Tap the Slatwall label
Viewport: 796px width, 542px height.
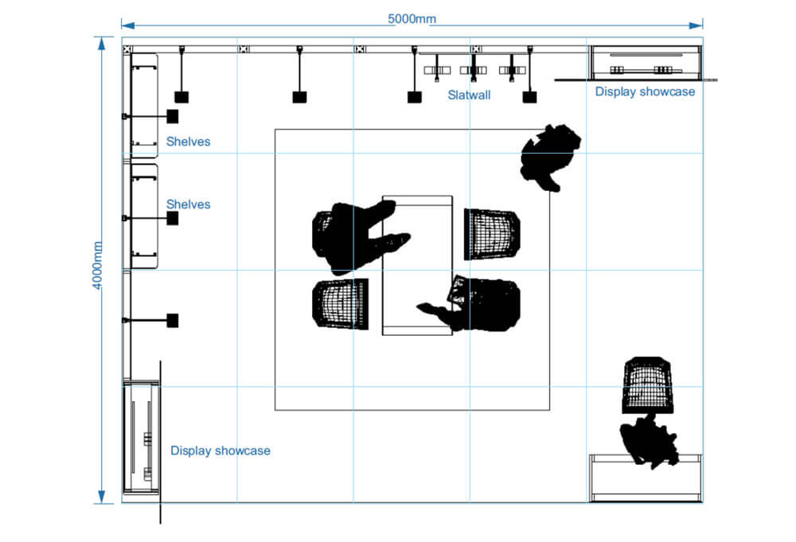click(469, 96)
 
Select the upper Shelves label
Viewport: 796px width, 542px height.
click(188, 142)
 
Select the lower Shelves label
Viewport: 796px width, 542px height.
click(188, 205)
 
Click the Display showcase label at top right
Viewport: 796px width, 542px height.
click(645, 92)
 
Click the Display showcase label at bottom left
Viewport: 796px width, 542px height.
click(220, 450)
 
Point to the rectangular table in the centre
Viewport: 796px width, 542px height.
click(417, 265)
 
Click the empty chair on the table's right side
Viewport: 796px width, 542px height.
click(491, 233)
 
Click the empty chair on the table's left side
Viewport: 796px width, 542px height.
click(340, 302)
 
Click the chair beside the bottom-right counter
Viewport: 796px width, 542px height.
click(647, 385)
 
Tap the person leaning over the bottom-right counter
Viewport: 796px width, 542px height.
click(649, 442)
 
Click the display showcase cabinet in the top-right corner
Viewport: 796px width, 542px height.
click(646, 62)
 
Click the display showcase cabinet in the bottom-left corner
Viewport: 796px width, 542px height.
click(141, 438)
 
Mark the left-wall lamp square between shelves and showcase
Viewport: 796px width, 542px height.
click(172, 321)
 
